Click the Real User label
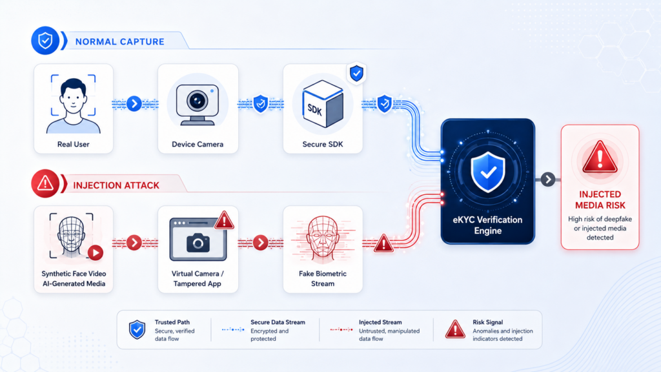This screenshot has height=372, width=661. [74, 144]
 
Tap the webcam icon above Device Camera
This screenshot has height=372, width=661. [198, 105]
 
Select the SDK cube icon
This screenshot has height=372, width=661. [323, 104]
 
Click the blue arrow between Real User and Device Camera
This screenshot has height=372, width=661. [134, 103]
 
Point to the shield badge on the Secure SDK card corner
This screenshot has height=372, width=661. [356, 74]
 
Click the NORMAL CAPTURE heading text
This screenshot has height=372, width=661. [119, 42]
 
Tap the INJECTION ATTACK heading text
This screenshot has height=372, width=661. [116, 185]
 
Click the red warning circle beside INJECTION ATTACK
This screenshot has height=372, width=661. [45, 183]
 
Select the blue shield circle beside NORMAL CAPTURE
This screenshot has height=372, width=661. [45, 41]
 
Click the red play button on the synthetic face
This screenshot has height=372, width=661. [96, 253]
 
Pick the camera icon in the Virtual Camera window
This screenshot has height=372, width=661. [198, 243]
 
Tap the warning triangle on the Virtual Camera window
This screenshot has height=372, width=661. [224, 220]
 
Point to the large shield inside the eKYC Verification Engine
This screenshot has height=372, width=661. [488, 172]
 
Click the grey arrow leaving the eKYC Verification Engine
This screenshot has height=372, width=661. [547, 180]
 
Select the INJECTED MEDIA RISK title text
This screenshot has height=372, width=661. [600, 200]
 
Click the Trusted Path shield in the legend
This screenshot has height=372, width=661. [137, 329]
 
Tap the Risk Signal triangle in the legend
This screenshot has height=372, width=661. [455, 329]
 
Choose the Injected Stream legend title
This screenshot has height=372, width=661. [380, 322]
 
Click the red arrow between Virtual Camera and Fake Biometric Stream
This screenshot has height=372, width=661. [261, 243]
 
